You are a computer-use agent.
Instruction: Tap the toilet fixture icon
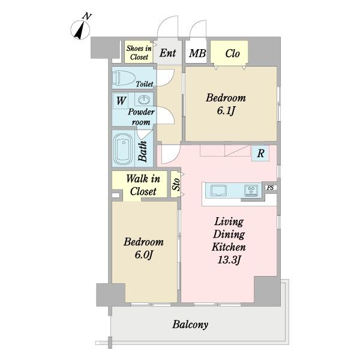coord(123,77)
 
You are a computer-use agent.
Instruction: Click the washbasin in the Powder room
coord(144,100)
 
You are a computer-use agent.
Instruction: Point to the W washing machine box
coord(121,101)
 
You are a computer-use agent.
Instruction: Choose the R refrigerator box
coord(260,153)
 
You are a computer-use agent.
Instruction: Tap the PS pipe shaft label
coord(270,188)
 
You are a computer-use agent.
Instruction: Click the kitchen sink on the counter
coord(218,191)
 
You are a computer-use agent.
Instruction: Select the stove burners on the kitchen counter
coord(251,191)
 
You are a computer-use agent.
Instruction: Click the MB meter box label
coord(197,53)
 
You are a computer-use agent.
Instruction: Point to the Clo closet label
coord(232,53)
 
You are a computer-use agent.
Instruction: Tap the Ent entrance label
coord(167,53)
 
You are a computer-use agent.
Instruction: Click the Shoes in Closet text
coord(139,53)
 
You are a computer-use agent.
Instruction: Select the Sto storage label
coord(176,184)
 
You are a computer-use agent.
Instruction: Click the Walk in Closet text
coord(143,185)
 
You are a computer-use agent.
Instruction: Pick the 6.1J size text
coord(226,111)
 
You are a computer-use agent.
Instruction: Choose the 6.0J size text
coord(144,255)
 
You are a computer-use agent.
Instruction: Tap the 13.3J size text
coord(229,260)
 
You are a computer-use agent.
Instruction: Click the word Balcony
coord(190,325)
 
